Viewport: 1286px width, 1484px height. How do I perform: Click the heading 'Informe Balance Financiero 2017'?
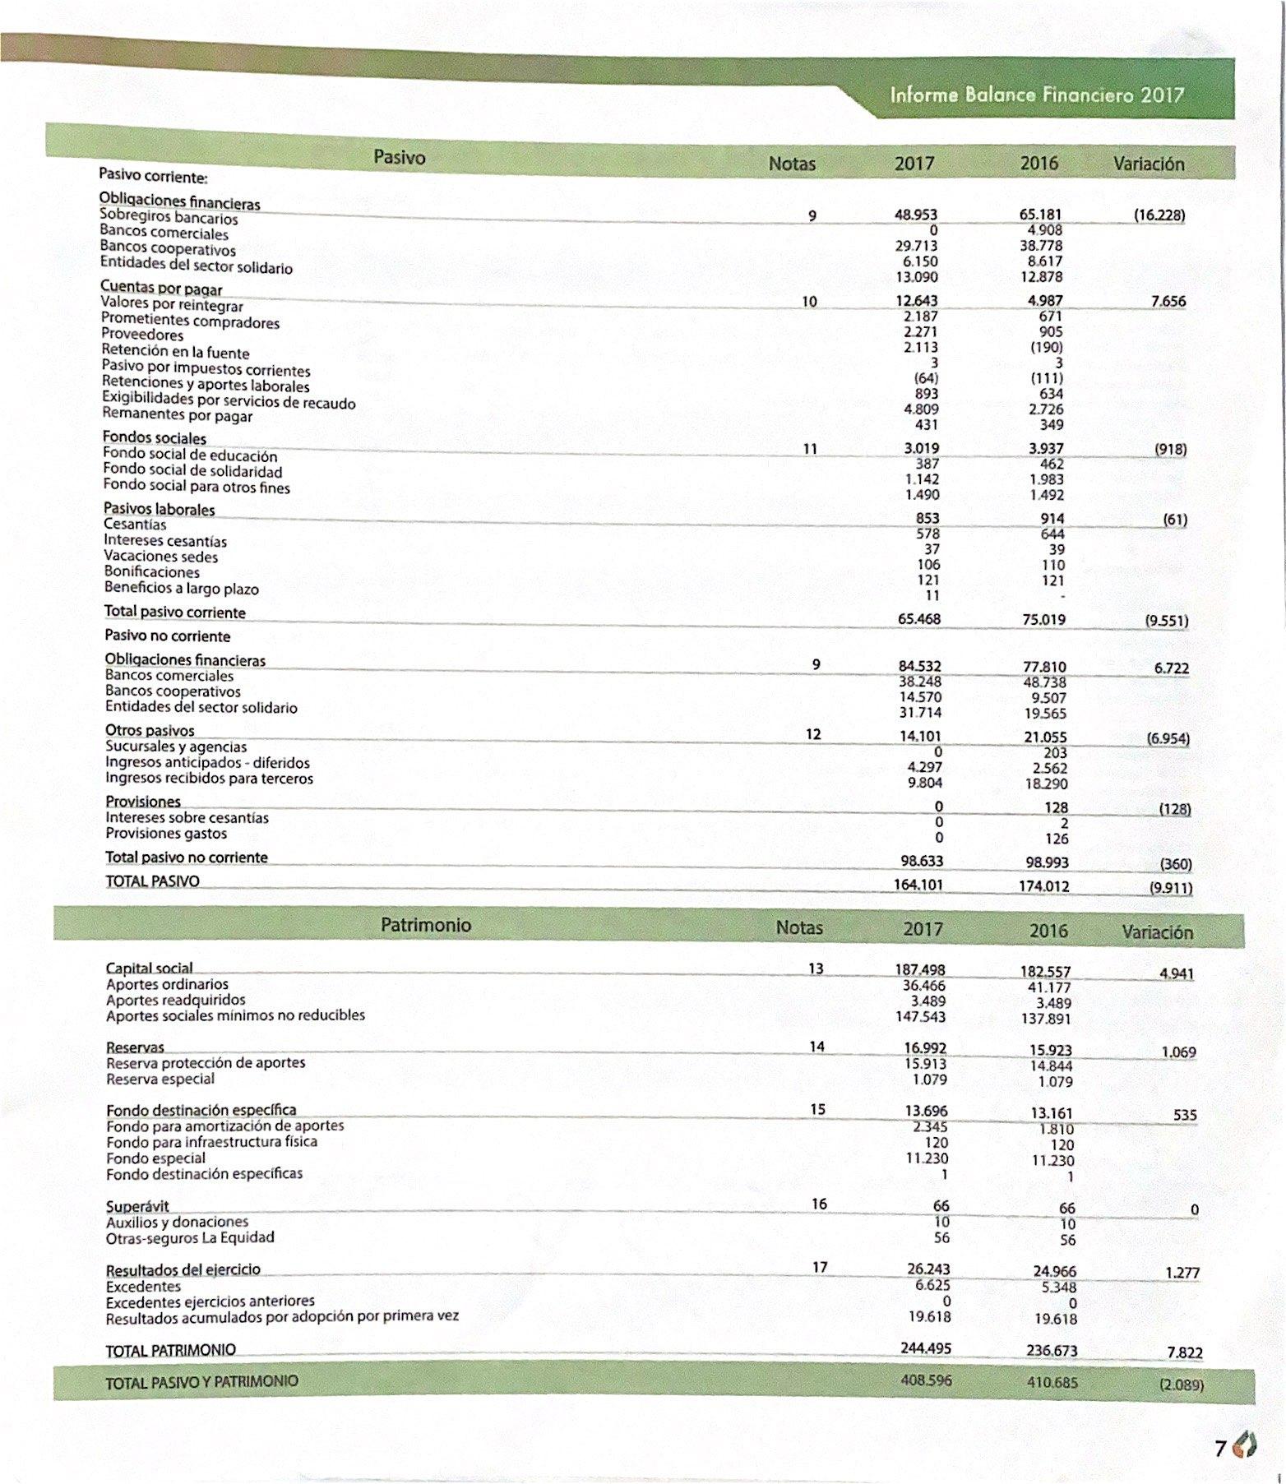1036,95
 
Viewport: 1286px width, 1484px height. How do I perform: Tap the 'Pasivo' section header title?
399,156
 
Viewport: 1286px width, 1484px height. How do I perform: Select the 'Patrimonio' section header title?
426,925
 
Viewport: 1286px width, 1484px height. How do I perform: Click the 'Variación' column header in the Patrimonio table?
1156,932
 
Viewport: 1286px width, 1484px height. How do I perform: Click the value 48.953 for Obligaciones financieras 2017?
916,215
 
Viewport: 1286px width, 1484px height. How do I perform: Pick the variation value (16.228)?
1159,215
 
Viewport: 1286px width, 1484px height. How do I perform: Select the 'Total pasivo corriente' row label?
174,613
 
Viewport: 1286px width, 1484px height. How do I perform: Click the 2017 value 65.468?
919,618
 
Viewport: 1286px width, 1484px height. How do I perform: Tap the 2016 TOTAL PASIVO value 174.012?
1044,886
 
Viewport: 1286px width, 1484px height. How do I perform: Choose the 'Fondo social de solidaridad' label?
192,471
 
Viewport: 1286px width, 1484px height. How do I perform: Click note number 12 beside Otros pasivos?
813,733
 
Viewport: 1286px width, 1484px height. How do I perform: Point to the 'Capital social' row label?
149,969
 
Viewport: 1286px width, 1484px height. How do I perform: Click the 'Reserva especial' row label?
160,1079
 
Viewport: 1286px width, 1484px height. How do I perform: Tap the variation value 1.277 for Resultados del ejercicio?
1182,1273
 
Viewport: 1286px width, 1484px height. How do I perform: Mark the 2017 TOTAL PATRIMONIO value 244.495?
926,1348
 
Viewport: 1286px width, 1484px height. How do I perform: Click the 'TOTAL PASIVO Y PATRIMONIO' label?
201,1383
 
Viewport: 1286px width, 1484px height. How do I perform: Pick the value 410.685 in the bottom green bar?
1052,1382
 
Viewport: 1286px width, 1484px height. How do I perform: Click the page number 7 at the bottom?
1221,1448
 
